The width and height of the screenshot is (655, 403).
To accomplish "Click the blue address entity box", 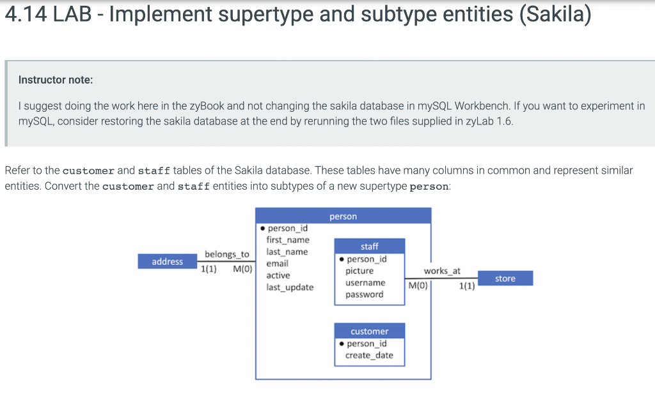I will tap(168, 262).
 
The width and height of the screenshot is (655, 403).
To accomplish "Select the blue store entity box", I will tap(505, 278).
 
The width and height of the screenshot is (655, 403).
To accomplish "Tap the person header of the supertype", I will tap(343, 217).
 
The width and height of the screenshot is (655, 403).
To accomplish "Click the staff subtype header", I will tap(369, 246).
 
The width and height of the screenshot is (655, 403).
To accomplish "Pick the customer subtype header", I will tap(369, 331).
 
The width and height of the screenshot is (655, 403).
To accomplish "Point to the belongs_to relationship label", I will tap(226, 254).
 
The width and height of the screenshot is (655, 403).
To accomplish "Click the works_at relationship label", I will tap(441, 271).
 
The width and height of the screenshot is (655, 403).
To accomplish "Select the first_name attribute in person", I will tap(288, 240).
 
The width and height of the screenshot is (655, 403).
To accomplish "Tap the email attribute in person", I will tap(277, 263).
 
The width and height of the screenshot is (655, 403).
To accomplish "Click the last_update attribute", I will tap(290, 287).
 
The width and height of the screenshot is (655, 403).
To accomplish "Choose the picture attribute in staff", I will tap(359, 271).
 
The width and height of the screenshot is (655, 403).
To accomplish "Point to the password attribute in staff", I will tap(364, 294).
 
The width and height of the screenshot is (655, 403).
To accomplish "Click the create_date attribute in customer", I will tap(369, 355).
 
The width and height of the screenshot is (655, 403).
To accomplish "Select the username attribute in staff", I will tap(365, 282).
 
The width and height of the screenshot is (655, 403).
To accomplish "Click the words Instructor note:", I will tap(56, 80).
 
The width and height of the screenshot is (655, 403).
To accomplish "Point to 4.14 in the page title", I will tap(25, 15).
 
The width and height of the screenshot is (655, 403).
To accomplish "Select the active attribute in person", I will tap(278, 275).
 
